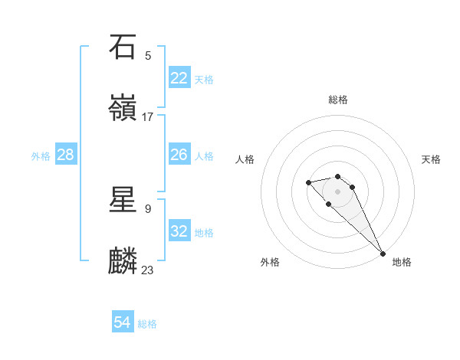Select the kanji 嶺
[x=123, y=108]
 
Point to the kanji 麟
[x=123, y=261]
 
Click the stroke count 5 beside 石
[x=148, y=55]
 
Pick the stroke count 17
[x=148, y=116]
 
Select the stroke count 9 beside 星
[x=148, y=208]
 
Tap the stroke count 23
[x=148, y=270]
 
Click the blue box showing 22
[x=179, y=78]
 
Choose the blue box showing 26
[x=179, y=155]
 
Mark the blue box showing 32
[x=179, y=231]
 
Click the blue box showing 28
[x=66, y=155]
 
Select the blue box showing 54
[x=123, y=322]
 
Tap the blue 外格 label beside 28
[x=41, y=156]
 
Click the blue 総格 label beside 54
[x=147, y=324]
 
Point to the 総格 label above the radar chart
[x=338, y=100]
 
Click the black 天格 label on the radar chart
[x=431, y=159]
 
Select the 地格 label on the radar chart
[x=402, y=263]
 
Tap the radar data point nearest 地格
[x=383, y=254]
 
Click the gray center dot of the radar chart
[x=338, y=191]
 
